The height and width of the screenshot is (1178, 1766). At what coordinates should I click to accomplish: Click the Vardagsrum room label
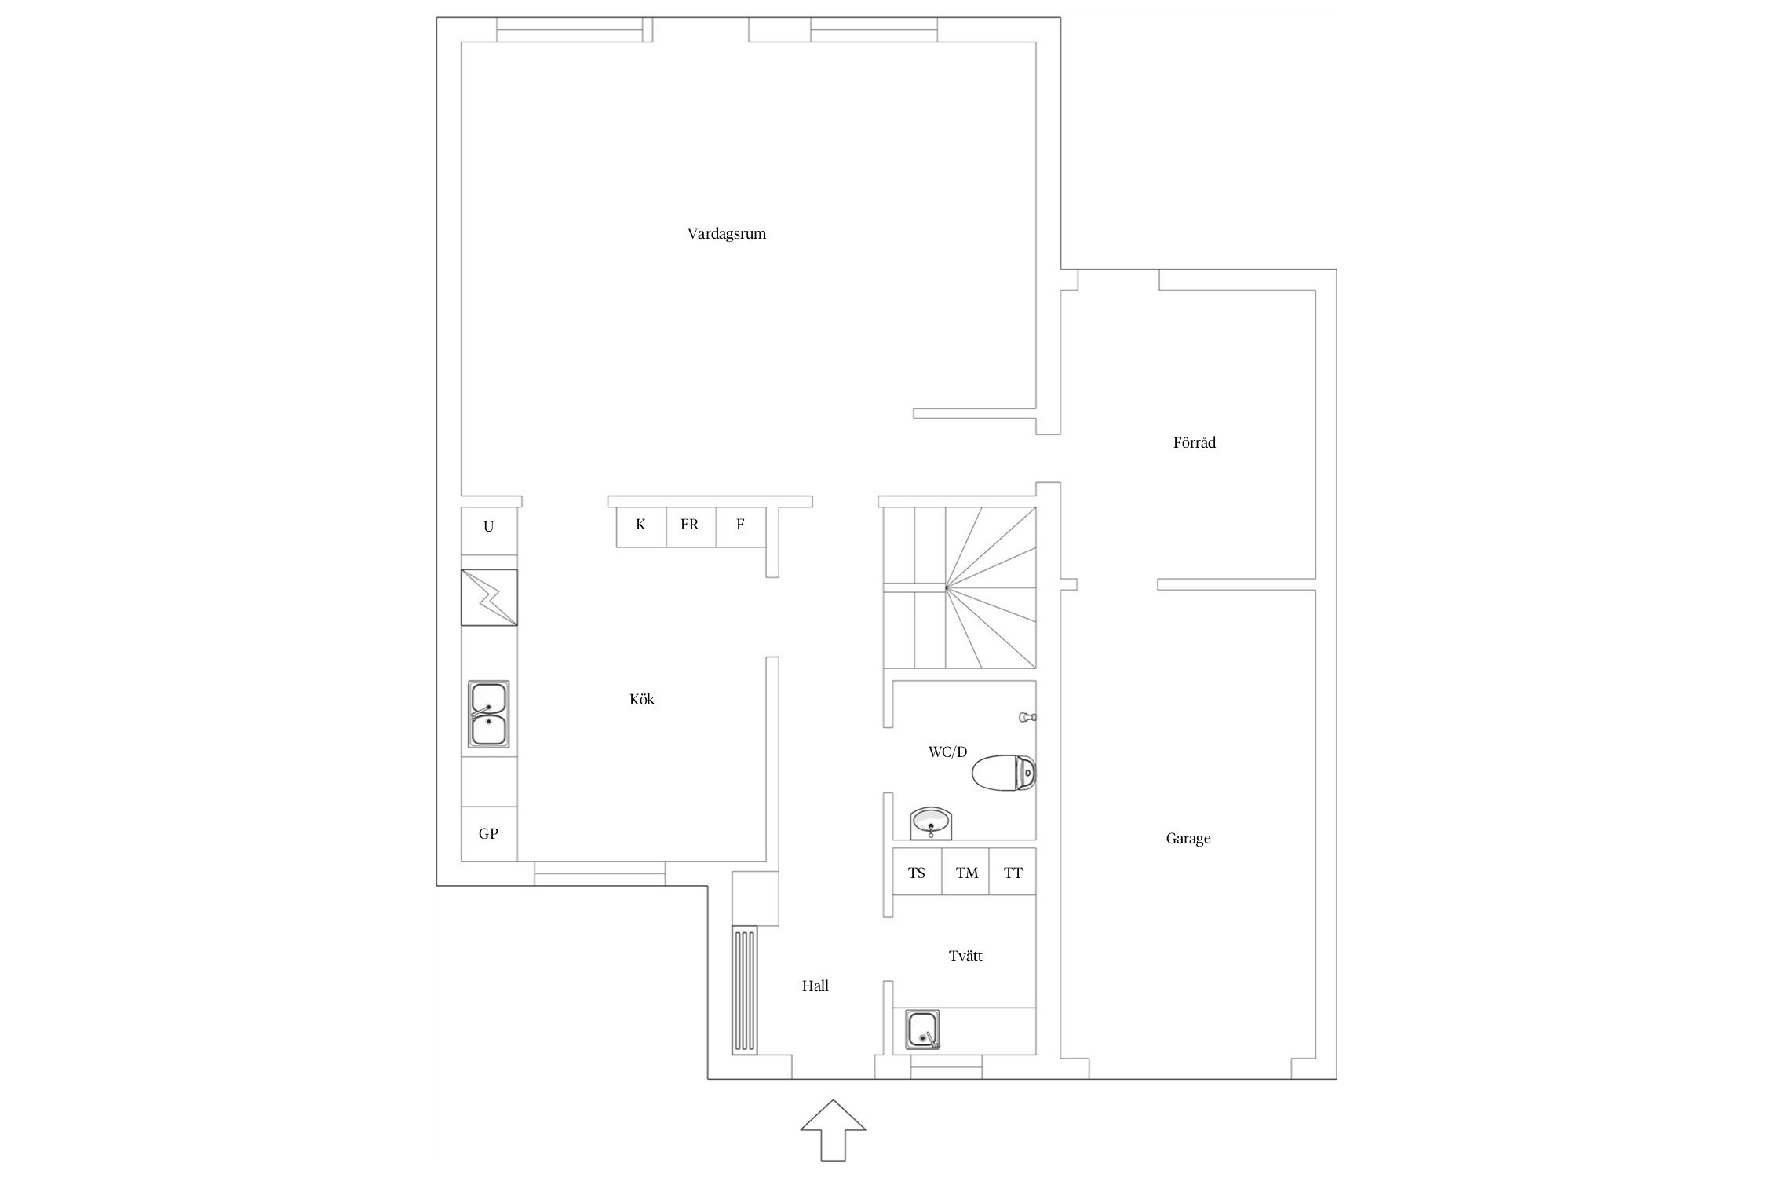726,234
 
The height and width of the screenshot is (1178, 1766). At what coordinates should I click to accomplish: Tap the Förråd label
1194,442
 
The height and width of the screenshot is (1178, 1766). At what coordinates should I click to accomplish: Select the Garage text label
1188,839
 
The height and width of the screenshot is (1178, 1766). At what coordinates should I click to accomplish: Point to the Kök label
641,699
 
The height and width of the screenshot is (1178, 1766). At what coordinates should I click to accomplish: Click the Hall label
815,986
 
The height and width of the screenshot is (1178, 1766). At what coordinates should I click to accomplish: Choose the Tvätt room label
965,956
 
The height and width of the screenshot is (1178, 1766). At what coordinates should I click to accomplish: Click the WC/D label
947,752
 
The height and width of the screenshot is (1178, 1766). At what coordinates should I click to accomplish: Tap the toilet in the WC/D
1004,773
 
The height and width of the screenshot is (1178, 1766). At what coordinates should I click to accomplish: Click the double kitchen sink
489,714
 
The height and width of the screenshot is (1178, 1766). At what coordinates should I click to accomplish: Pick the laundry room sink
923,1030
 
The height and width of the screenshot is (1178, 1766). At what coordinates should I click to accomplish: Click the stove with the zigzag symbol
489,598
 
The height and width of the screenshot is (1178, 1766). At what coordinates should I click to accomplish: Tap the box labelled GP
489,834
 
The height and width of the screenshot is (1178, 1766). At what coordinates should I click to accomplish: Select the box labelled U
489,526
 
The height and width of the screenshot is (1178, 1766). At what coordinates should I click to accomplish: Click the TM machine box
965,872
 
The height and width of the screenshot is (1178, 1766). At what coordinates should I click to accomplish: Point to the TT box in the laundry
1013,872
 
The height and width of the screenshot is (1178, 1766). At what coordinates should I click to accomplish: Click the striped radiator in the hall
745,990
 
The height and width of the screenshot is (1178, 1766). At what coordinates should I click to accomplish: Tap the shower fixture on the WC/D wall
1028,717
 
